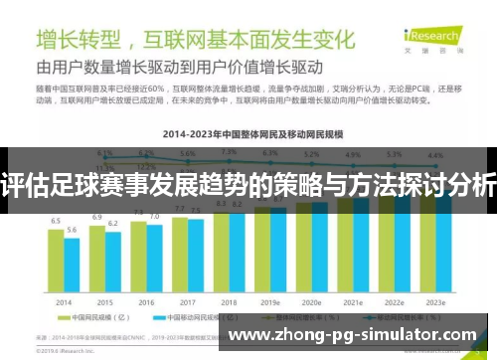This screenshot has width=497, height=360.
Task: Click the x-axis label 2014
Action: coord(63,302)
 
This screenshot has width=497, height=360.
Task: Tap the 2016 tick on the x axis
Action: coord(146,302)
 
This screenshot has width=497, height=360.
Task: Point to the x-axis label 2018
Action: coord(229,302)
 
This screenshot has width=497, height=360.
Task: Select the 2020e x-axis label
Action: coord(312,302)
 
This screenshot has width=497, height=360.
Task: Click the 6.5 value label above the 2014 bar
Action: coord(56,221)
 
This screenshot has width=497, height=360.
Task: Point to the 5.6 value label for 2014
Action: coord(71,230)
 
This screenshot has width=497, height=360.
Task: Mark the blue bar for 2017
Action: coord(195,257)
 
